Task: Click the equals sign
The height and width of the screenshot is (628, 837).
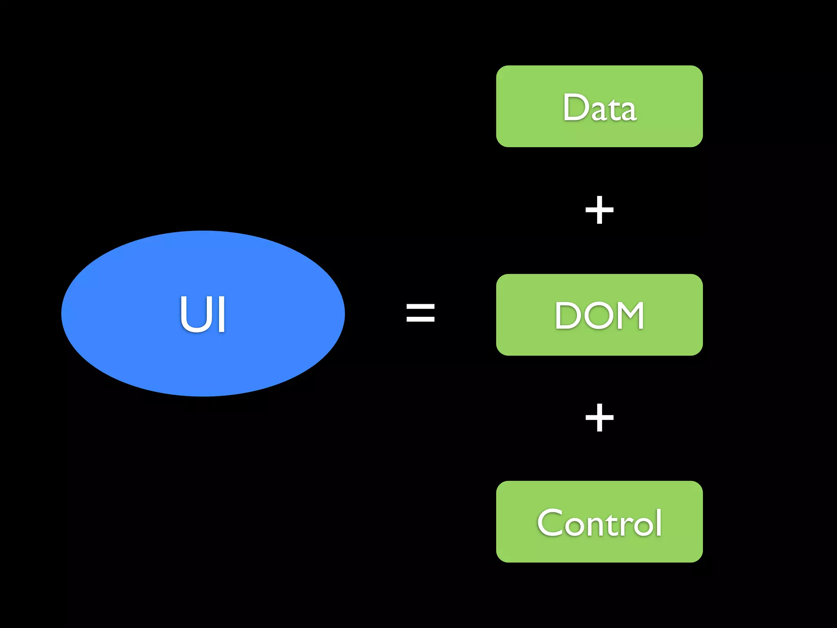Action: tap(420, 312)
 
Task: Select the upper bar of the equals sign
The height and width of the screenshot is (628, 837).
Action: tap(420, 305)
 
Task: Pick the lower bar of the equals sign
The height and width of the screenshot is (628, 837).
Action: tap(420, 319)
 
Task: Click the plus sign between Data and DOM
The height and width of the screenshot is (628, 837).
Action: tap(599, 210)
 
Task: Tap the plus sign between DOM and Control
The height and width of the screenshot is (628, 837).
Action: tap(599, 417)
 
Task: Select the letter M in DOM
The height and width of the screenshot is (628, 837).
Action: tap(629, 315)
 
